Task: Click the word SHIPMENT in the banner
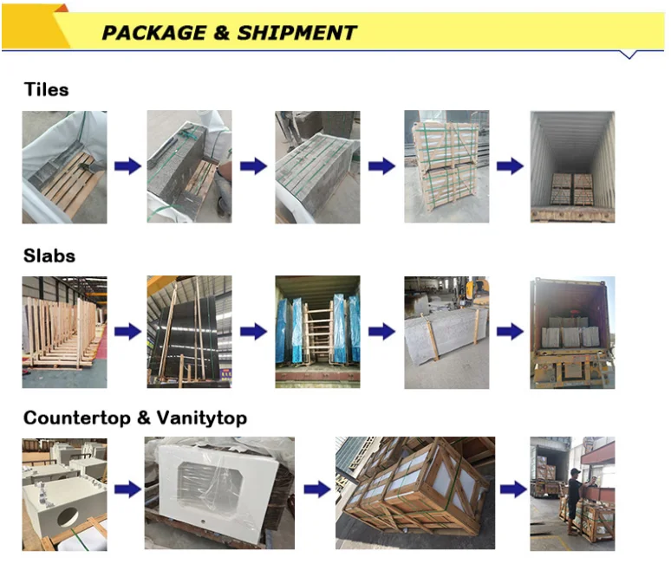pyautogui.click(x=296, y=33)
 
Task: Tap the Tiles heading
pyautogui.click(x=46, y=89)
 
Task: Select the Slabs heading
pyautogui.click(x=49, y=256)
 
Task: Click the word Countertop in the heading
pyautogui.click(x=75, y=418)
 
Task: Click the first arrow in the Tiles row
pyautogui.click(x=127, y=166)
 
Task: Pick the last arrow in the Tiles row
pyautogui.click(x=510, y=166)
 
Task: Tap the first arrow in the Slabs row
pyautogui.click(x=127, y=331)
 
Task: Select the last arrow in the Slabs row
pyautogui.click(x=510, y=331)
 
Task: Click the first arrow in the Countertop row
pyautogui.click(x=127, y=489)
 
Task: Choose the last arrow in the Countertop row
pyautogui.click(x=513, y=489)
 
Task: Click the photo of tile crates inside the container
pyautogui.click(x=572, y=167)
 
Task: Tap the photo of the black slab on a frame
pyautogui.click(x=190, y=332)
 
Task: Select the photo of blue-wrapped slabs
pyautogui.click(x=317, y=332)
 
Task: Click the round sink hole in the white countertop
pyautogui.click(x=70, y=517)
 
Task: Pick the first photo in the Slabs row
pyautogui.click(x=65, y=332)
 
